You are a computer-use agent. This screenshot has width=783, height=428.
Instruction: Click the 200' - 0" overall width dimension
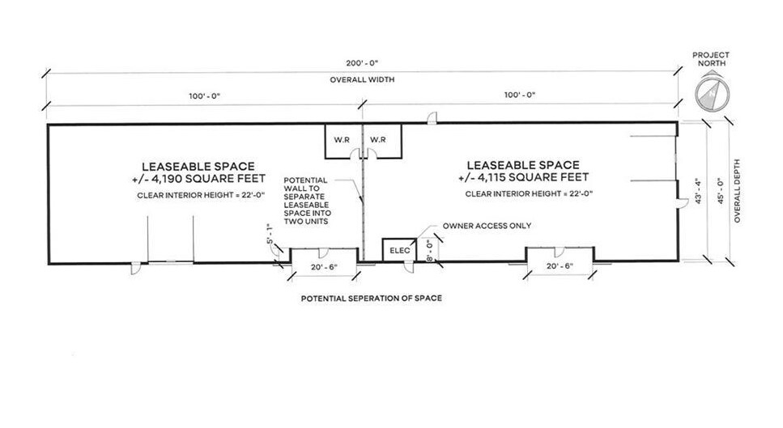(363, 63)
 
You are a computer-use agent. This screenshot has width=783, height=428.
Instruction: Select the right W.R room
(382, 141)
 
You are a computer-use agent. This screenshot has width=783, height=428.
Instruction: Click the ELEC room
(399, 250)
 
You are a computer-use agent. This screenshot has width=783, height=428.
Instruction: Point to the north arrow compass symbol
(712, 92)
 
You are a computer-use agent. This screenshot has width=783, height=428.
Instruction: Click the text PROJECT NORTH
(711, 59)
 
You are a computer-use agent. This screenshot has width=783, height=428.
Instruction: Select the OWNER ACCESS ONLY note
(487, 226)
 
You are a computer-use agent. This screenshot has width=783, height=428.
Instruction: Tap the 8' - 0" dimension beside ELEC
(428, 251)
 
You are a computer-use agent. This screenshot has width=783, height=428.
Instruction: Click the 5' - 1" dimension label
(270, 234)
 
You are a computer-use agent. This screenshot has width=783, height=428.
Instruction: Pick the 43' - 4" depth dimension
(699, 191)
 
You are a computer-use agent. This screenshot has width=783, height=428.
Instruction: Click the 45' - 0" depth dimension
(721, 191)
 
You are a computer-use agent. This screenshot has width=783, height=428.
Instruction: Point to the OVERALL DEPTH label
(738, 191)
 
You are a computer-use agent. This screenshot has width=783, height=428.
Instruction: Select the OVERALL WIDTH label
(362, 80)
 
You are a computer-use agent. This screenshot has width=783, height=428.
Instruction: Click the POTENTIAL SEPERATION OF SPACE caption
(372, 299)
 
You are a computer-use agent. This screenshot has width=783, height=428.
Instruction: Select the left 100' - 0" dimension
(204, 95)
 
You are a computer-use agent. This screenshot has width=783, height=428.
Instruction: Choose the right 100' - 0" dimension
(520, 95)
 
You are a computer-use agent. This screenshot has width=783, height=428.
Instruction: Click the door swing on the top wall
(432, 118)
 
